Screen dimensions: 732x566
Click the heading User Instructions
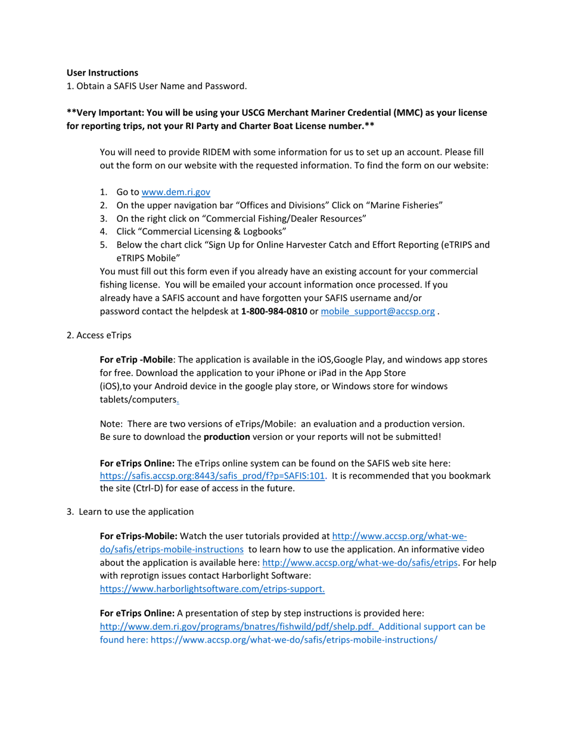[102, 73]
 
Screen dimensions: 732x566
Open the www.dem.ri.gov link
[176, 192]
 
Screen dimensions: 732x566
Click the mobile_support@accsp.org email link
[378, 311]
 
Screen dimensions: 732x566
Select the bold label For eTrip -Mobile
[137, 359]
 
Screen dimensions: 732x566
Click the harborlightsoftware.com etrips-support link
[212, 589]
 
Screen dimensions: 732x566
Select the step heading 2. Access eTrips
[99, 335]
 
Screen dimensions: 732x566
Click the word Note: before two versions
[111, 424]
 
